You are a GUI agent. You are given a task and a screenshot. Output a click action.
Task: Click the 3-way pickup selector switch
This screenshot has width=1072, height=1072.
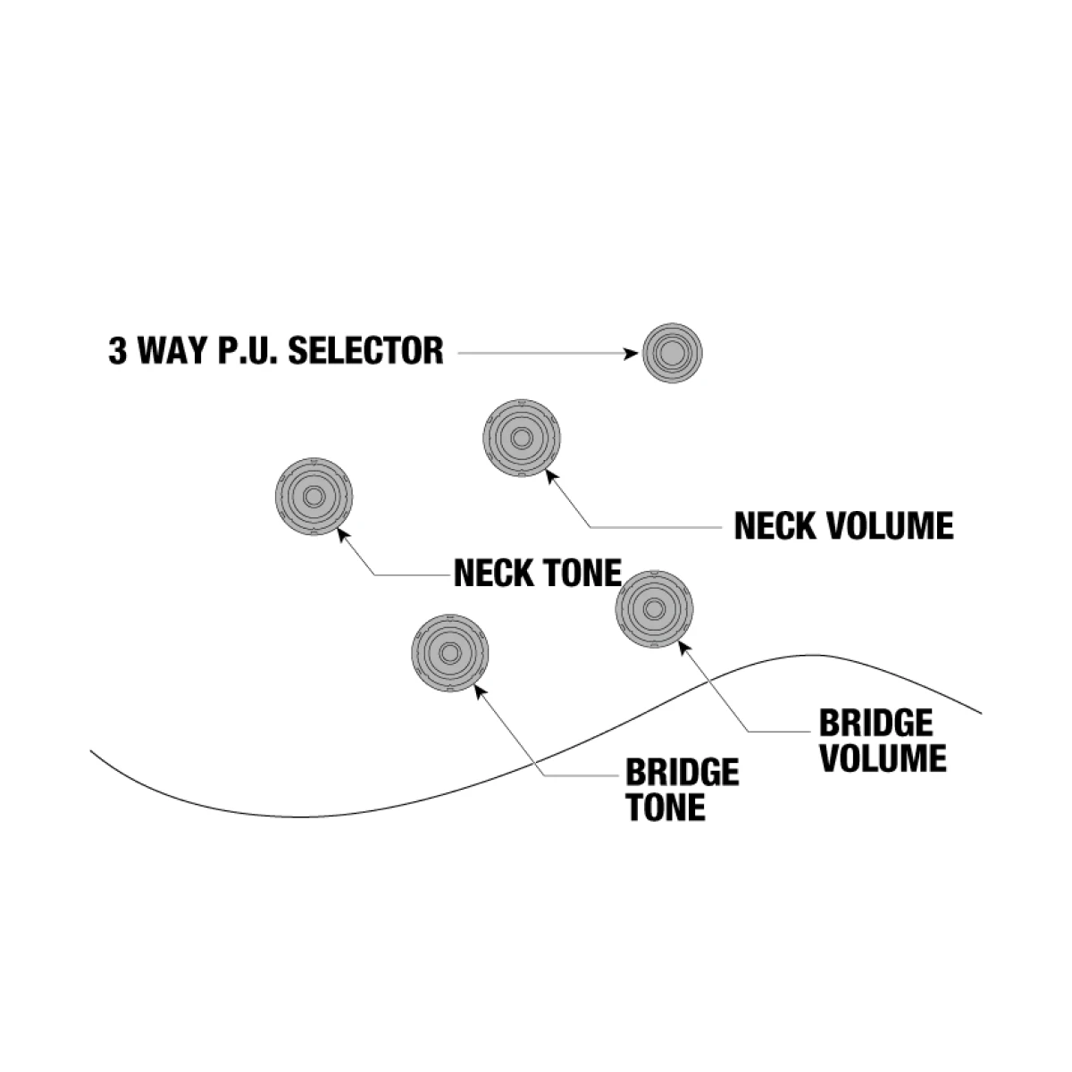pyautogui.click(x=672, y=353)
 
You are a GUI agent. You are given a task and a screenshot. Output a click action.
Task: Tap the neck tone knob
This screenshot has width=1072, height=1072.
pyautogui.click(x=314, y=498)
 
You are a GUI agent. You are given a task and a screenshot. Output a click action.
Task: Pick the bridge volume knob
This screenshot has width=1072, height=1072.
pyautogui.click(x=655, y=609)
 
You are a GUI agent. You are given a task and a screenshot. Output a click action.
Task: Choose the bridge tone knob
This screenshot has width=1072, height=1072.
pyautogui.click(x=449, y=652)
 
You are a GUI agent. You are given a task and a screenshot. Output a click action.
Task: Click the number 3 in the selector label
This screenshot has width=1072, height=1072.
pyautogui.click(x=117, y=350)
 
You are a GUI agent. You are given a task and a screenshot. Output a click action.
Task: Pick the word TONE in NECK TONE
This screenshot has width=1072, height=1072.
pyautogui.click(x=579, y=573)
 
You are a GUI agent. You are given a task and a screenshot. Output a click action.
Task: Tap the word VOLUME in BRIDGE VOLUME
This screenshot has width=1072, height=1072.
pyautogui.click(x=883, y=758)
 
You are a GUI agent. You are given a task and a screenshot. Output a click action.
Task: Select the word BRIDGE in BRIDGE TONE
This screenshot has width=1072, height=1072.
pyautogui.click(x=682, y=772)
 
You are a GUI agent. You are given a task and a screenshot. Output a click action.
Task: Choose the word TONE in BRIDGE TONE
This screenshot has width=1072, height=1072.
pyautogui.click(x=665, y=807)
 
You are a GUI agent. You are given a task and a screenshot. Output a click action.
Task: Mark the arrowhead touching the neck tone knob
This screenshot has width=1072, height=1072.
pyautogui.click(x=342, y=536)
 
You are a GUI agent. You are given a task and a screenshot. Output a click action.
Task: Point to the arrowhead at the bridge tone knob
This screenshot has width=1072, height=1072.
pyautogui.click(x=479, y=690)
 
